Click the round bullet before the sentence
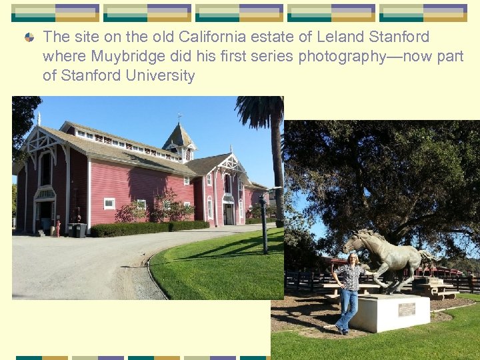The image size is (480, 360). pos(29,38)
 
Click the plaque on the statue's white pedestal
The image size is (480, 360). pos(406,309)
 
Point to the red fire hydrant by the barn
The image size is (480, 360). pos(58,229)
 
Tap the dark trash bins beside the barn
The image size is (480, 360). pos(78,230)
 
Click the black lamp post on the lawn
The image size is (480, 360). pos(264,223)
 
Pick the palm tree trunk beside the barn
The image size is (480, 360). pos(278,173)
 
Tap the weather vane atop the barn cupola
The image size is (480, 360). pos(179,119)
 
